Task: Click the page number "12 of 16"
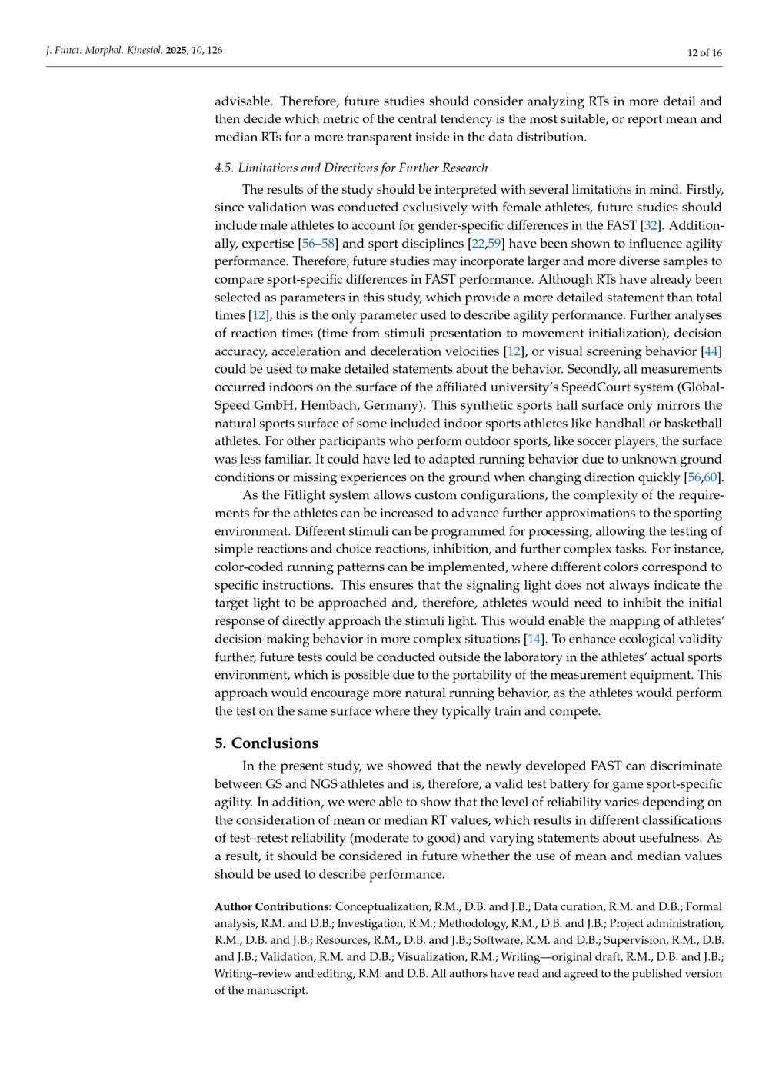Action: tap(704, 52)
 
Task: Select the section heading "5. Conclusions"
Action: tap(266, 743)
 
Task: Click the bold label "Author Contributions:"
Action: tap(273, 907)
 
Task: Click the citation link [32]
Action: tap(651, 225)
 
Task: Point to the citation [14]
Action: tap(534, 639)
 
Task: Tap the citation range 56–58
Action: tap(318, 244)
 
